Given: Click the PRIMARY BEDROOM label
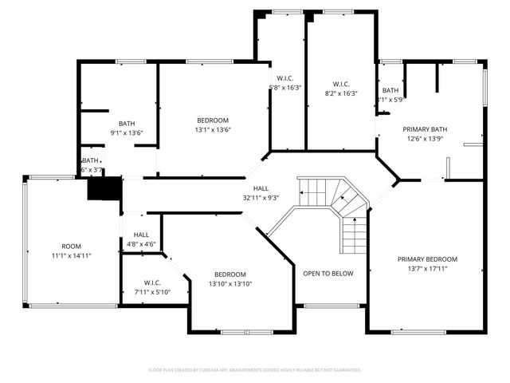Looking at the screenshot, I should click(x=430, y=259).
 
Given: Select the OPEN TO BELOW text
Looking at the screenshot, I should click(x=328, y=273).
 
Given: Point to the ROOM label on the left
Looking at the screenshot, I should click(x=71, y=246).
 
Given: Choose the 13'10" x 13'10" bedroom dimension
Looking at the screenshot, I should click(x=229, y=284).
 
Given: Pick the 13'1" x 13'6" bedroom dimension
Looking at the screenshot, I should click(x=213, y=130).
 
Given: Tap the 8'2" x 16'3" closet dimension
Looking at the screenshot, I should click(x=341, y=93).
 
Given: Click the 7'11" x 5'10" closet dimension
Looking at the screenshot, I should click(x=153, y=292).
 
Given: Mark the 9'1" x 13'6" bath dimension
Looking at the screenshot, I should click(x=126, y=133).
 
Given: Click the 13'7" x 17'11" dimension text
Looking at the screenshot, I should click(x=430, y=269).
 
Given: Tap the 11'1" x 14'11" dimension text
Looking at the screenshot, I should click(x=71, y=255).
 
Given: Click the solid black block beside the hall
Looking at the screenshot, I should click(x=104, y=190).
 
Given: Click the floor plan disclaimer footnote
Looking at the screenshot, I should click(x=255, y=370).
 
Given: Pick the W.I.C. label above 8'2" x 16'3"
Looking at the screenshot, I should click(x=341, y=84).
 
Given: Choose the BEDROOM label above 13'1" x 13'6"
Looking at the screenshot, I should click(x=213, y=120).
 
